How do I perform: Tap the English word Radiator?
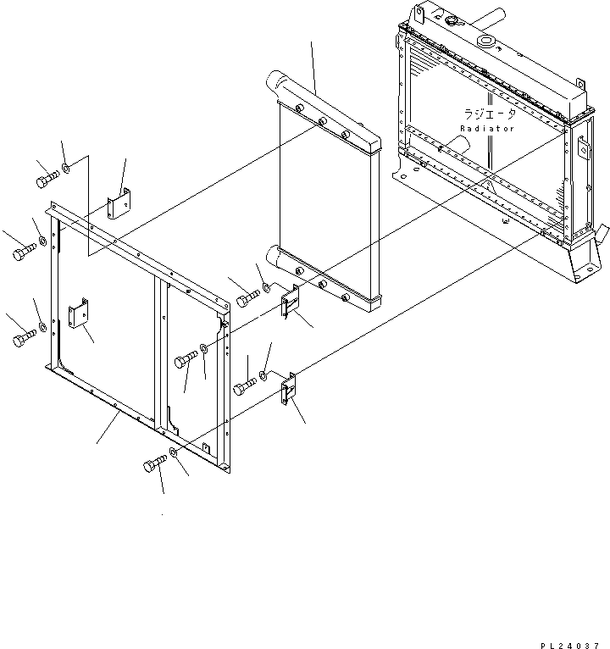point(487,129)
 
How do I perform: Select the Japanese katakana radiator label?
point(488,113)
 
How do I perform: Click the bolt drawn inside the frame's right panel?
point(186,363)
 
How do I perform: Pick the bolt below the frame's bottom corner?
point(155,464)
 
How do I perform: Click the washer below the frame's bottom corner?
point(174,454)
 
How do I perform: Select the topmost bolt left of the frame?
point(47,180)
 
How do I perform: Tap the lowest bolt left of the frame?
point(23,341)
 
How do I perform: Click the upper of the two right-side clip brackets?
point(290,302)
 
